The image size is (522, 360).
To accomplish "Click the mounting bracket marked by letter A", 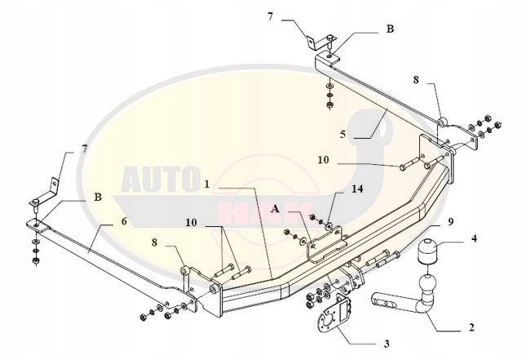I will coord(325,243).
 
